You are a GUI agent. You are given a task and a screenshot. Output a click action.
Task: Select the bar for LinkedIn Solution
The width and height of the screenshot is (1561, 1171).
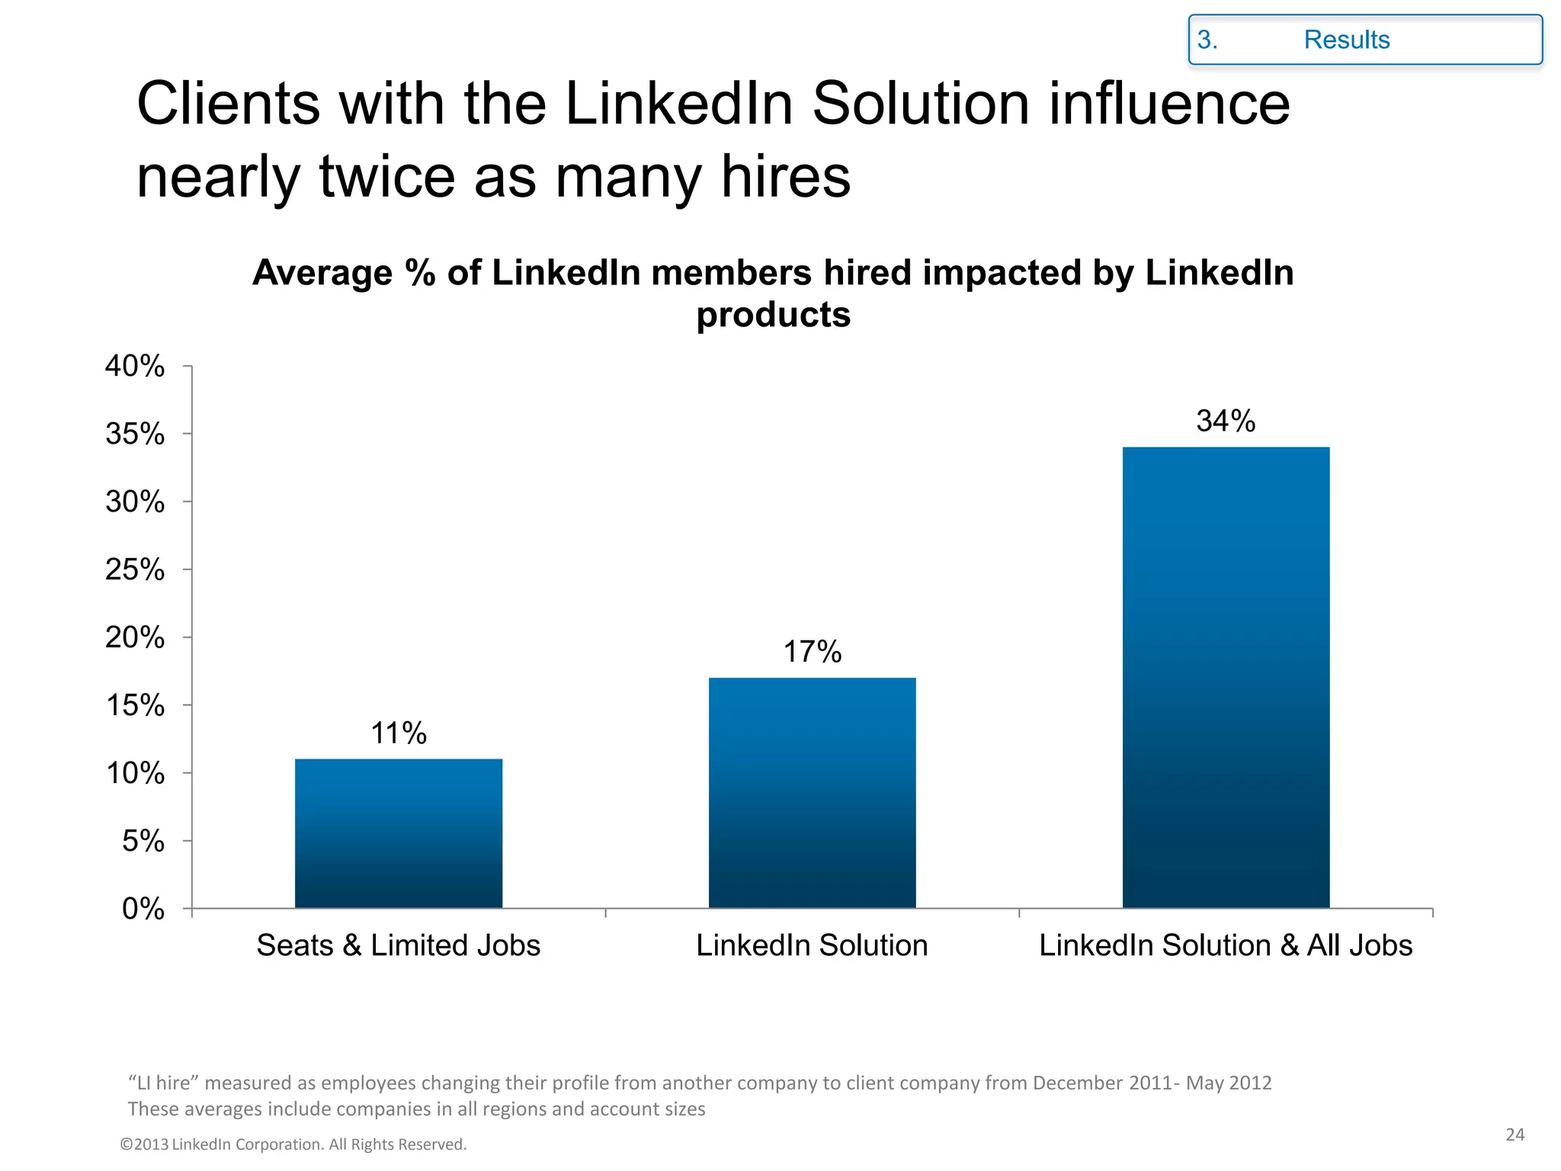tap(812, 792)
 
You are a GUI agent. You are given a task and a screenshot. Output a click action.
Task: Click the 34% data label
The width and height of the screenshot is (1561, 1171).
tap(1226, 421)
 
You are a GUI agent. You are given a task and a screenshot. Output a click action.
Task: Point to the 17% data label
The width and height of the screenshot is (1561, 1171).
tap(812, 652)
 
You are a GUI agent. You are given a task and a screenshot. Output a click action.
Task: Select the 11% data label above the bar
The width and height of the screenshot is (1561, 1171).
tap(399, 733)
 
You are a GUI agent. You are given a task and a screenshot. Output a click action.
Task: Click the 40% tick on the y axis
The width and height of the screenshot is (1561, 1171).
tap(135, 367)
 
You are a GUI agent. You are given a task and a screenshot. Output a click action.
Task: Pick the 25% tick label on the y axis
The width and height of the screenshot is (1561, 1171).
tap(135, 570)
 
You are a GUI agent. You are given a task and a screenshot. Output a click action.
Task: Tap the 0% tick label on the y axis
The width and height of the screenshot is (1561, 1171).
tap(143, 909)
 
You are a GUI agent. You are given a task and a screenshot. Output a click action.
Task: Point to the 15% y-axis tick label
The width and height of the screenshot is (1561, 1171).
tap(135, 706)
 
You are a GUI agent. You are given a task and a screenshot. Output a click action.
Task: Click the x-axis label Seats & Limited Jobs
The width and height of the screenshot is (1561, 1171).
tap(399, 945)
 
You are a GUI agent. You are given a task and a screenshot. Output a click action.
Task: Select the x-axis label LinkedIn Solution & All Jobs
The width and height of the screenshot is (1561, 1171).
tap(1226, 945)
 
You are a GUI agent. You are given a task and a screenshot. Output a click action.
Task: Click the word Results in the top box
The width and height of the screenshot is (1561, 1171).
tap(1347, 40)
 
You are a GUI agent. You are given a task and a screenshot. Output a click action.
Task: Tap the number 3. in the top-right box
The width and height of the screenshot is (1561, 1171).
tap(1207, 40)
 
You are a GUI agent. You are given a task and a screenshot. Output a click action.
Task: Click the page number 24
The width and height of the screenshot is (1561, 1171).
tap(1515, 1134)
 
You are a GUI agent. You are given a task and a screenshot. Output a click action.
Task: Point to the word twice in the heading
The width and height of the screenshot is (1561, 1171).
tap(386, 177)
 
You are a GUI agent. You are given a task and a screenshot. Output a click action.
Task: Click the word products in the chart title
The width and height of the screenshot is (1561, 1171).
tap(773, 315)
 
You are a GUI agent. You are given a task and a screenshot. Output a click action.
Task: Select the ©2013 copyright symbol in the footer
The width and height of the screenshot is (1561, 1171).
tap(127, 1144)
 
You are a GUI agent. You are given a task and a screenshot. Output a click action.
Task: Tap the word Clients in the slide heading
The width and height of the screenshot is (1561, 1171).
tap(229, 104)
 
